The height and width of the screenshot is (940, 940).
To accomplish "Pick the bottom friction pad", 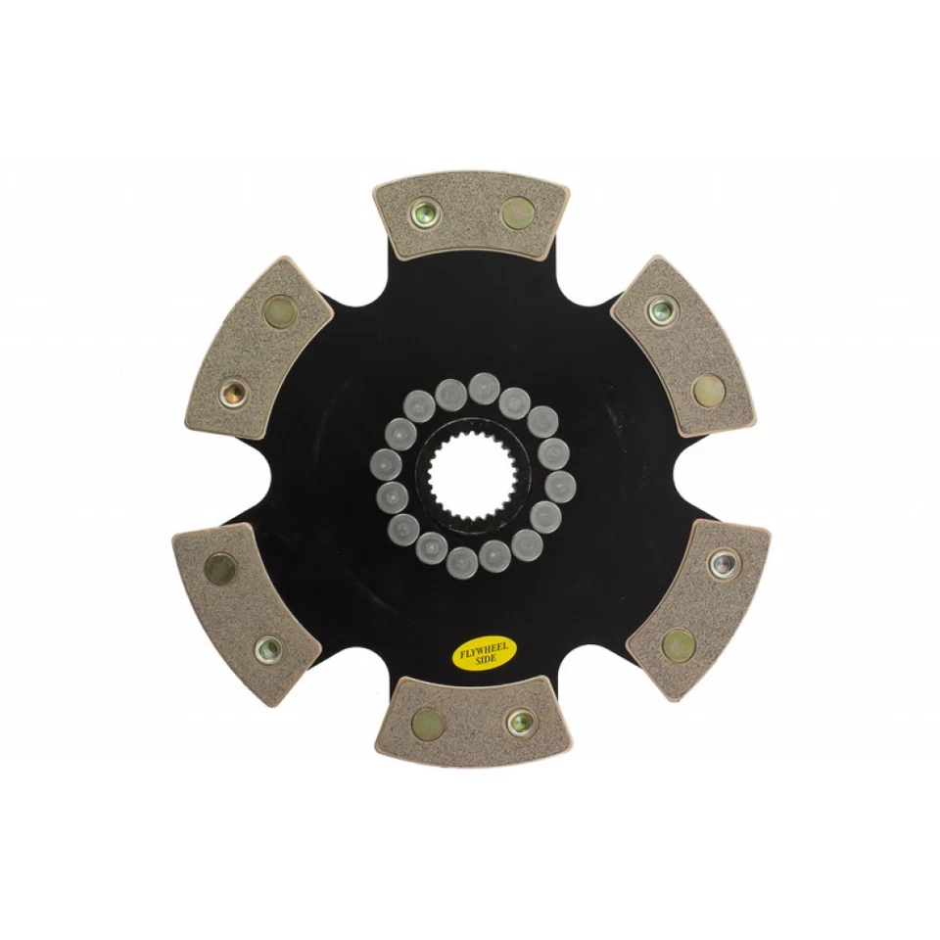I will [x=471, y=720].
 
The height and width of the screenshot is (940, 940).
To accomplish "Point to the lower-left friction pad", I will [x=246, y=612].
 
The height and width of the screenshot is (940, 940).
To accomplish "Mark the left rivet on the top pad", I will [x=425, y=213].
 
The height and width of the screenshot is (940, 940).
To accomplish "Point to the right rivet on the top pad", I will [x=516, y=211].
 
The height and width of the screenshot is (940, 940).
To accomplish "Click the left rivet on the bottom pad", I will [x=427, y=723].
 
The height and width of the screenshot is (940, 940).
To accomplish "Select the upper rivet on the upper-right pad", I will [x=662, y=310].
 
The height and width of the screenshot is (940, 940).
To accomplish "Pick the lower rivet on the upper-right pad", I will [x=707, y=390].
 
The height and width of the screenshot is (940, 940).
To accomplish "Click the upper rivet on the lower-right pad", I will [x=724, y=564].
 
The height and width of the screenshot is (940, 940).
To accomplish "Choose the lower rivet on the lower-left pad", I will [x=267, y=647].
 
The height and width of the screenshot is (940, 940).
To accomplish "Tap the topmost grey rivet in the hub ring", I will [x=482, y=388].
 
